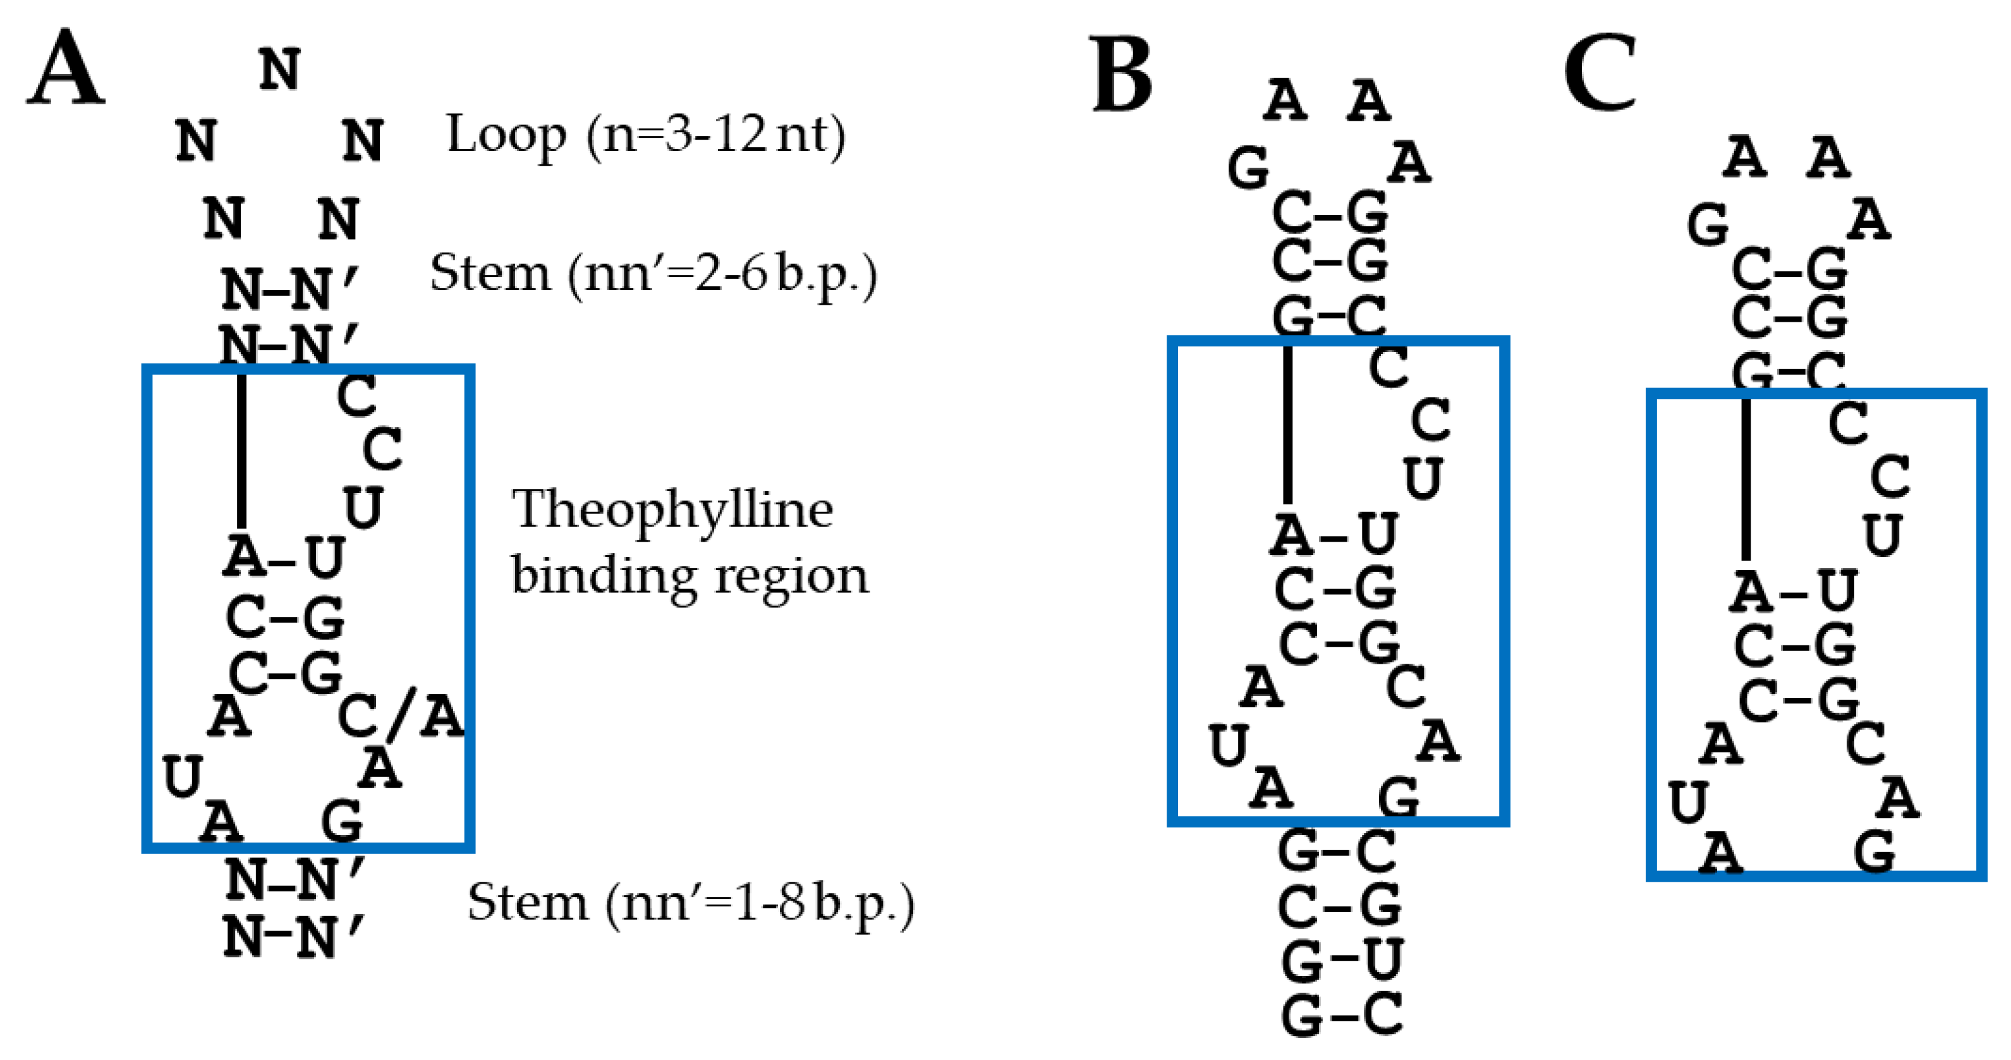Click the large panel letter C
coord(1600,74)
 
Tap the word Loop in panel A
coord(506,135)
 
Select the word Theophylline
coord(672,509)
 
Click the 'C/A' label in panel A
coord(401,715)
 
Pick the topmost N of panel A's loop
coord(279,70)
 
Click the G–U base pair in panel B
coord(1341,959)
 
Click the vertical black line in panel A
coord(242,451)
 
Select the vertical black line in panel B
coord(1288,425)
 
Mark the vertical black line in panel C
coord(1746,478)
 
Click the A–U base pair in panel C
coord(1793,591)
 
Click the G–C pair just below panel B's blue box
coord(1337,851)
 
